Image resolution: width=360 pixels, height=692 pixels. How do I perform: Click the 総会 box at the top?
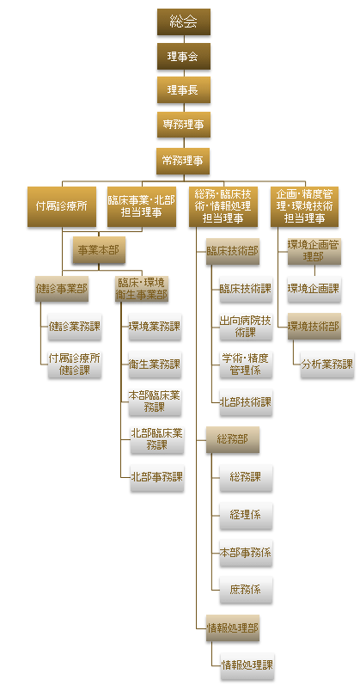(184, 21)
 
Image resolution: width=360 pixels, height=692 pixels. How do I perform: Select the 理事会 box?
(184, 56)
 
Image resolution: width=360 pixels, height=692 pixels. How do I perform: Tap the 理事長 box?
(184, 90)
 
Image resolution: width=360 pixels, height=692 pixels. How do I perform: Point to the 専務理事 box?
(184, 125)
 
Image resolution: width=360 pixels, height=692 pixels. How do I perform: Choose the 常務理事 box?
(183, 161)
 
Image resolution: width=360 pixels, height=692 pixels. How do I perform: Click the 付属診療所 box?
(62, 206)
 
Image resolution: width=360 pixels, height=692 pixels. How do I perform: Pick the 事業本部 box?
(99, 251)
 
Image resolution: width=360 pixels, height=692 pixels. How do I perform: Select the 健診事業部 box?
(62, 289)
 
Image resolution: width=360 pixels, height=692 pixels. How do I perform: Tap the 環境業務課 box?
(155, 327)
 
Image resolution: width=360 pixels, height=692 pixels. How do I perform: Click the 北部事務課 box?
(157, 477)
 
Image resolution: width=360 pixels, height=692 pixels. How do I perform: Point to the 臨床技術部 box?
(233, 251)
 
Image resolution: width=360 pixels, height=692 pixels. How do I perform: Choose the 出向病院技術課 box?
(246, 327)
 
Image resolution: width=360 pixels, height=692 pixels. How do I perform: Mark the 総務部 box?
(233, 439)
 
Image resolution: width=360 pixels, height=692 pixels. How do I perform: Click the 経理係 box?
(246, 515)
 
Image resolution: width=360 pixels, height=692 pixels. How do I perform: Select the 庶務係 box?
(246, 590)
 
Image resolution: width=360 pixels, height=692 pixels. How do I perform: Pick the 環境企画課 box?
(314, 289)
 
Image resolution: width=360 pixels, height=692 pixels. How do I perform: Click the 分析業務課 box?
(327, 364)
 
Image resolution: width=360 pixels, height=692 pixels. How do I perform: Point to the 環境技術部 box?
(314, 327)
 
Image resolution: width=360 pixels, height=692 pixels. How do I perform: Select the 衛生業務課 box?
(155, 364)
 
